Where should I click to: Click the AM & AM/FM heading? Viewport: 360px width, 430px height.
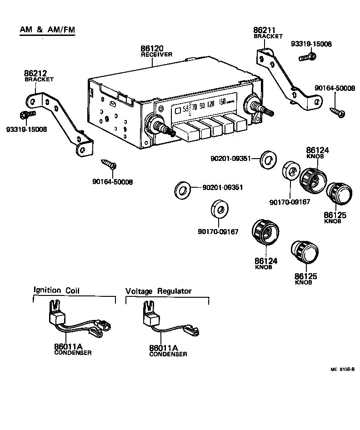(47, 30)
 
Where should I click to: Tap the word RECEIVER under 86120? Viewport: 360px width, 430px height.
(156, 55)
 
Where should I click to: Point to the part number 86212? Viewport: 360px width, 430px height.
(35, 73)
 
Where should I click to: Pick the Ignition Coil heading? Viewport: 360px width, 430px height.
(56, 290)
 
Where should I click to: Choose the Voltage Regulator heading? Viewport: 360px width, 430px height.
(159, 291)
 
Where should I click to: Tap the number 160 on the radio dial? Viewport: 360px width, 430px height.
(222, 102)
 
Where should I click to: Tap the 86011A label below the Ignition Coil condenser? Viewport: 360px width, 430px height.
(69, 347)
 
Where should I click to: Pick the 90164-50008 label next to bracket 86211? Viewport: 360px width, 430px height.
(335, 89)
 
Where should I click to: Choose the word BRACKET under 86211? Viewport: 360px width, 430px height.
(268, 36)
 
